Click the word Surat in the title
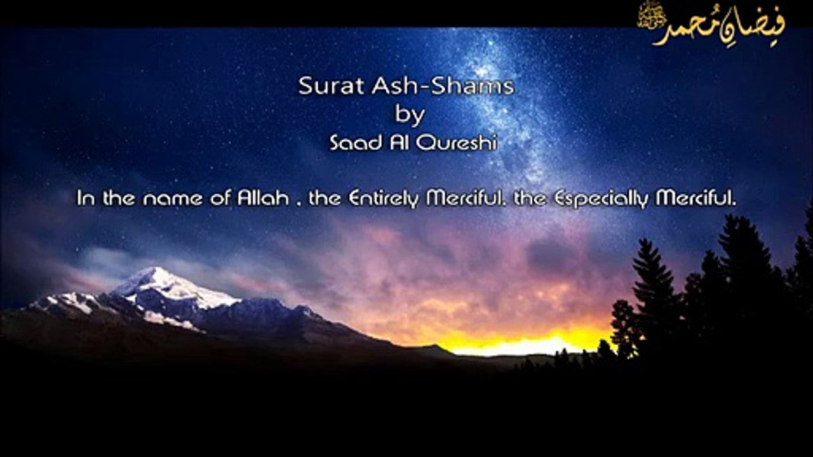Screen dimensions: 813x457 (331, 86)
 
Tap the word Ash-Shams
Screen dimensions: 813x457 (443, 86)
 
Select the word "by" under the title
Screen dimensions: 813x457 (410, 116)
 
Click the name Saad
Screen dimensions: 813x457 (356, 143)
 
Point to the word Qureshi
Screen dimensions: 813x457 (456, 143)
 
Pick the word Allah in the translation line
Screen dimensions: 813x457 (263, 198)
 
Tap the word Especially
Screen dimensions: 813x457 (601, 199)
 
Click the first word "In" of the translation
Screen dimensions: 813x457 (86, 198)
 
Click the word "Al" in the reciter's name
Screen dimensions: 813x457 (399, 143)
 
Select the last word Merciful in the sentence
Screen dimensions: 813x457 (695, 198)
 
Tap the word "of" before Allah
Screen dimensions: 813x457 (220, 198)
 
